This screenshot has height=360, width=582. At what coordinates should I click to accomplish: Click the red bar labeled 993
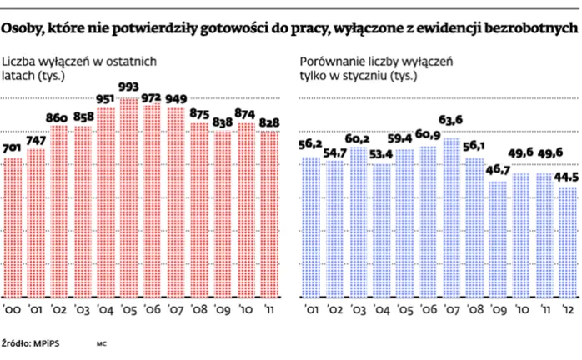(x=129, y=200)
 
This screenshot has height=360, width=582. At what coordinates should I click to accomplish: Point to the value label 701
(x=13, y=150)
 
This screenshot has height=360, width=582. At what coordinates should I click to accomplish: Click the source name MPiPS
(x=40, y=342)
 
